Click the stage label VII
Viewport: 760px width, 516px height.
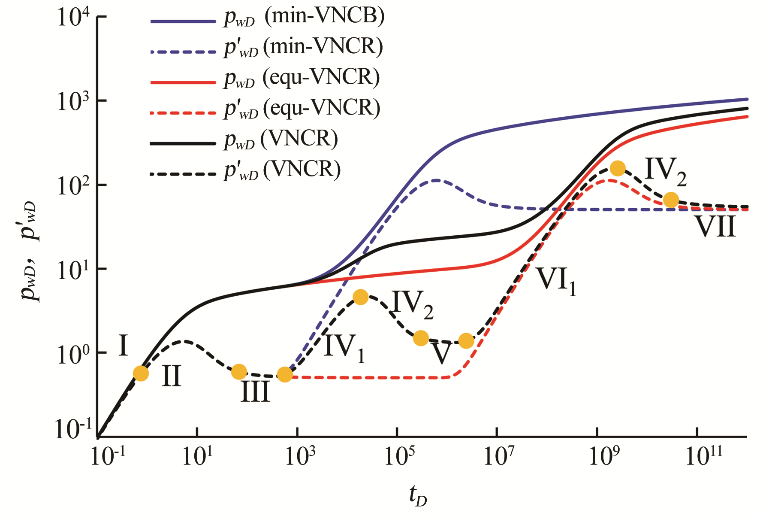click(x=715, y=227)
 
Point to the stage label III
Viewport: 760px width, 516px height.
click(x=255, y=392)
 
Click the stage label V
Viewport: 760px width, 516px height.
click(x=441, y=353)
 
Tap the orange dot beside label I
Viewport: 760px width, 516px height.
click(x=141, y=373)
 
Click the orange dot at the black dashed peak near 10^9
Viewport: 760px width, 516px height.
click(x=617, y=168)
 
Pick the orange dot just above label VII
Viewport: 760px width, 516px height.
click(x=671, y=200)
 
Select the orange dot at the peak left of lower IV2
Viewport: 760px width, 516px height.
click(x=361, y=297)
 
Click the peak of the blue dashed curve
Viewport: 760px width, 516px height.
click(x=436, y=180)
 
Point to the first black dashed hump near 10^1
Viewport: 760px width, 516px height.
click(x=185, y=341)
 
